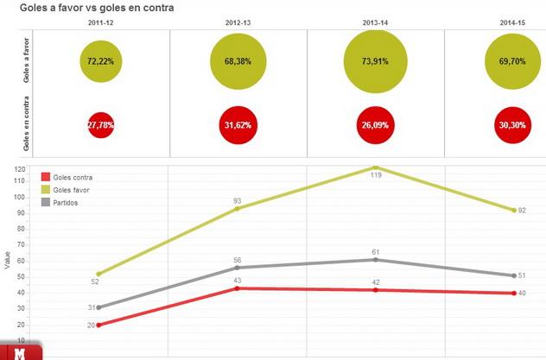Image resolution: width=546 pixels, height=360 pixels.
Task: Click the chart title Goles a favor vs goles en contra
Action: point(97,8)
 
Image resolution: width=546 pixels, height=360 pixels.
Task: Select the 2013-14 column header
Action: point(375,23)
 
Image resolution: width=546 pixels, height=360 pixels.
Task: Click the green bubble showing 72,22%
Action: point(101,61)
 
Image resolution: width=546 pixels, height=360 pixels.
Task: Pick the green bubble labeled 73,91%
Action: point(375,61)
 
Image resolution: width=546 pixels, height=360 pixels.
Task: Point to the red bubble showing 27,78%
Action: point(101,124)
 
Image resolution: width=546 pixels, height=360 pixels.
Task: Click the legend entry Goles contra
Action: point(73,177)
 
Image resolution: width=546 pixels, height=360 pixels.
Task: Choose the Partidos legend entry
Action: point(67,202)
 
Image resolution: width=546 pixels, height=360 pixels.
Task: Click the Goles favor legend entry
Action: point(72,189)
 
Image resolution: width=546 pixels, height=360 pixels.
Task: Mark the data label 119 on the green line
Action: point(376,175)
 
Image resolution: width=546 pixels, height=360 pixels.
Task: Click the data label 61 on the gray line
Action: point(376,250)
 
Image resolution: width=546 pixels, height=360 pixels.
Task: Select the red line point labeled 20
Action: point(99,325)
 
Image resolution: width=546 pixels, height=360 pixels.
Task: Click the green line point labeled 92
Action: point(514,210)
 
